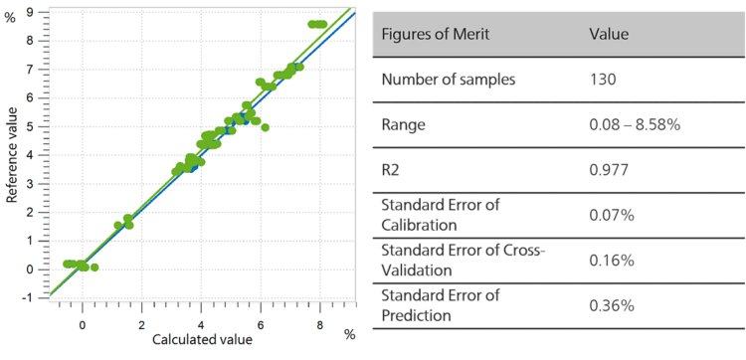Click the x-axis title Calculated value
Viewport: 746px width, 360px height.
tap(202, 339)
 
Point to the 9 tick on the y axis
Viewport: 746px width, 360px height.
tap(31, 12)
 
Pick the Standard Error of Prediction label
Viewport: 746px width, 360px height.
tap(439, 304)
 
